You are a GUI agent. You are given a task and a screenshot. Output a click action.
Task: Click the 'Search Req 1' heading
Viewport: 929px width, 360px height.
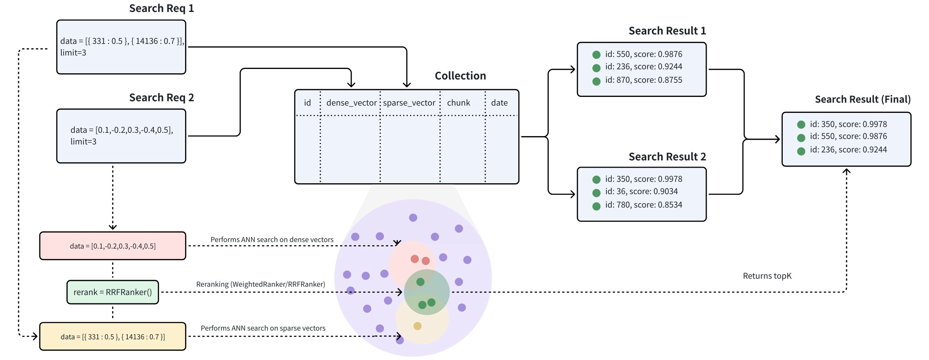161,8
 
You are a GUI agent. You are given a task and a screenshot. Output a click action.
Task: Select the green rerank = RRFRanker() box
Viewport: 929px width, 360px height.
112,292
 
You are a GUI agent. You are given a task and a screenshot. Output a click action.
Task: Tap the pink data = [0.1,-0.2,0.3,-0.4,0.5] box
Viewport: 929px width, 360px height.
112,246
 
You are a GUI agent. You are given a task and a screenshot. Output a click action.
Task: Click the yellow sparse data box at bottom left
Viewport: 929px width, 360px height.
112,337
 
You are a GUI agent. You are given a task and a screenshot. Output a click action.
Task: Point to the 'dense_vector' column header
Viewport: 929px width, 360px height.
351,103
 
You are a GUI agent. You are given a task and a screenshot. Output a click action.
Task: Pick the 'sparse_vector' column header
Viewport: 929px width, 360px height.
409,103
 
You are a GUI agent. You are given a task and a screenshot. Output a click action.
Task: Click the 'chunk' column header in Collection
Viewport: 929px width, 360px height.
458,103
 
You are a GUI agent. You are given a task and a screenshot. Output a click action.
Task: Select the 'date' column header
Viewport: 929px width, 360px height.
499,103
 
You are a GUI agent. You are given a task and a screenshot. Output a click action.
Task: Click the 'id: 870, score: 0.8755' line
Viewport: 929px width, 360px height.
643,80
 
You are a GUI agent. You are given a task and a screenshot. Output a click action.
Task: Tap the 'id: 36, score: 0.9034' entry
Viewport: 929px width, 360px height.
641,191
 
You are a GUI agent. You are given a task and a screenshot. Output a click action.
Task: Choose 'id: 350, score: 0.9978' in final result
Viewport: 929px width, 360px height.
848,124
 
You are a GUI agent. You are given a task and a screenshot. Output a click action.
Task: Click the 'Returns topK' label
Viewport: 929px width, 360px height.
767,276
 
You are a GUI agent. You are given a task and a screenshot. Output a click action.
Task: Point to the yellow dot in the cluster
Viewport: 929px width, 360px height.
417,326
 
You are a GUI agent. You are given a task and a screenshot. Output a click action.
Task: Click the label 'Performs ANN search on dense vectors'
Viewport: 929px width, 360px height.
272,240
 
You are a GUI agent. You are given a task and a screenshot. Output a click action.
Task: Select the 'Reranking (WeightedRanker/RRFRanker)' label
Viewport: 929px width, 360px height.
261,284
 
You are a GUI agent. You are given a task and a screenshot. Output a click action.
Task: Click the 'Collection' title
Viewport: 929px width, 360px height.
460,75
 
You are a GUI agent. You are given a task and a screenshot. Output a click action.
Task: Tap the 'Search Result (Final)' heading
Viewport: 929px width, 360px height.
863,99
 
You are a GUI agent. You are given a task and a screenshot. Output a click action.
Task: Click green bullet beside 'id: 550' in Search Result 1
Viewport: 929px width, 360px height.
596,55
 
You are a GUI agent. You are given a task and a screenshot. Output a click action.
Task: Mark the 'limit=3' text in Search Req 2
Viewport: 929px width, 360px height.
83,142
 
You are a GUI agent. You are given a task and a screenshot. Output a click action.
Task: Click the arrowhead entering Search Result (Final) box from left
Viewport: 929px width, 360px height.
777,139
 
